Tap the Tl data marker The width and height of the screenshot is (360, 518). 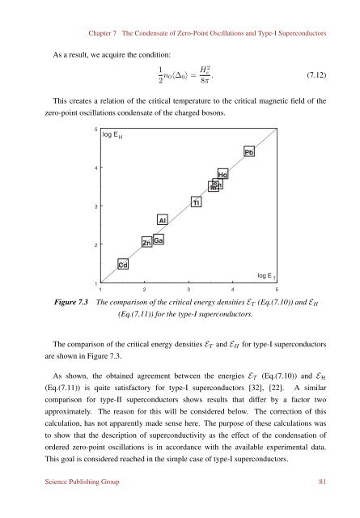pyautogui.click(x=196, y=202)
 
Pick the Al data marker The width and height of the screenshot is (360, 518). pyautogui.click(x=162, y=219)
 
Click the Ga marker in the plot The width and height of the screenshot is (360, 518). pyautogui.click(x=159, y=240)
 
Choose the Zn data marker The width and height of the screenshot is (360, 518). pyautogui.click(x=146, y=243)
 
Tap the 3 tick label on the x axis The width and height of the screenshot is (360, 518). pyautogui.click(x=188, y=288)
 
